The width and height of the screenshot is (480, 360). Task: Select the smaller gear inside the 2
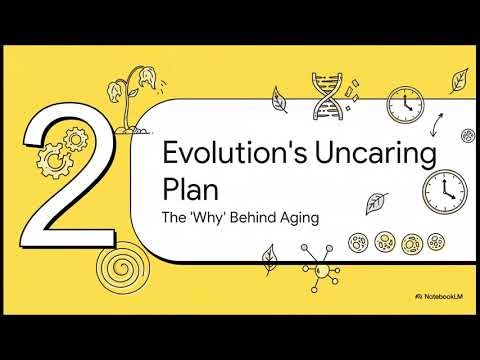coord(73,133)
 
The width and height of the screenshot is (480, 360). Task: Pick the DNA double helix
coord(327,95)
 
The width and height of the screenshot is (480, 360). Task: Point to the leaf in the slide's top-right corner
coord(460,77)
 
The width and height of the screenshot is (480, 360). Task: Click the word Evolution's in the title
coord(219,154)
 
